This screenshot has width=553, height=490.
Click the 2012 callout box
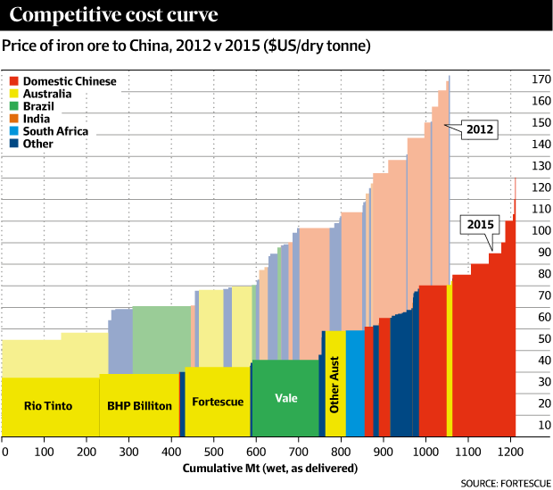tap(479, 129)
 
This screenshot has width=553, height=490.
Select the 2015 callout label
tap(478, 223)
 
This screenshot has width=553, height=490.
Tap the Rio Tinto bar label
tap(49, 404)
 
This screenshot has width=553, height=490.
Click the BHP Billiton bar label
tap(139, 405)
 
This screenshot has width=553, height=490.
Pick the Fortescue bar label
tap(218, 402)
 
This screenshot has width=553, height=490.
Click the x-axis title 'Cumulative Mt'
tap(269, 468)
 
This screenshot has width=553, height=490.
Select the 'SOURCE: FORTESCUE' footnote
tap(503, 482)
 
